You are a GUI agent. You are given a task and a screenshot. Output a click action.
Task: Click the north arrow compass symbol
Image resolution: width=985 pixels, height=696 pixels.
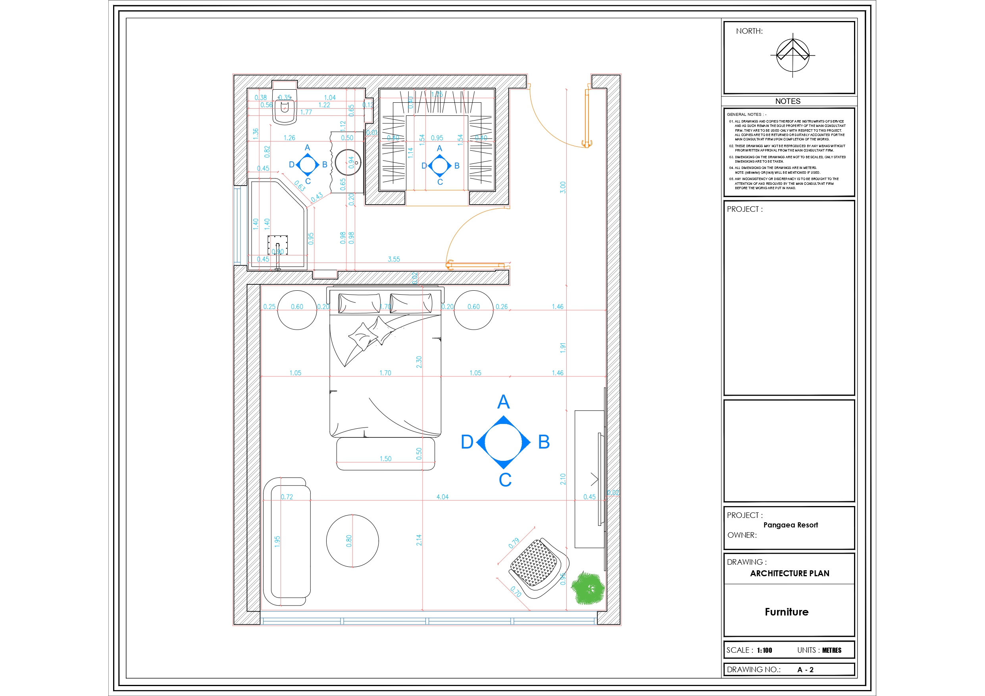793,55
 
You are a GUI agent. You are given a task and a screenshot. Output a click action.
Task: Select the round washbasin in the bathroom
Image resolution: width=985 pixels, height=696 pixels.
348,163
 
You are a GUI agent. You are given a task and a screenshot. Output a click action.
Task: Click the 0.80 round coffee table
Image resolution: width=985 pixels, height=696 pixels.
352,541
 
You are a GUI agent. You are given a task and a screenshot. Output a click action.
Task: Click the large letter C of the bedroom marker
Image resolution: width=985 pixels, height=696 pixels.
505,480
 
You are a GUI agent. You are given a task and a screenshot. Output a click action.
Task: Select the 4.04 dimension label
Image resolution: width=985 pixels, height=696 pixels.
442,497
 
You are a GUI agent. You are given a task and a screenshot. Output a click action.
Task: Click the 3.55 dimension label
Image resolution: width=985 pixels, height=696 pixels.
393,259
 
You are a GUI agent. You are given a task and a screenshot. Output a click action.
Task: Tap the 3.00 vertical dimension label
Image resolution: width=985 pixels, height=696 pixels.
563,188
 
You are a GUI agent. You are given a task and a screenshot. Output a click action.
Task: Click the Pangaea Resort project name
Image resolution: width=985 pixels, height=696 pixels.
790,525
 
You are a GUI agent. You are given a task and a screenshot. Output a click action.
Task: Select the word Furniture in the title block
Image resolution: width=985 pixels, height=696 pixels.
786,612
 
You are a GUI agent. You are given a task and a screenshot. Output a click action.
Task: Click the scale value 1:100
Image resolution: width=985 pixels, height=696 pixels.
764,650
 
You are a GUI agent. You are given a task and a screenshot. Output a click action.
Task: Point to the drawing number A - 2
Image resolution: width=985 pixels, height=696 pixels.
805,669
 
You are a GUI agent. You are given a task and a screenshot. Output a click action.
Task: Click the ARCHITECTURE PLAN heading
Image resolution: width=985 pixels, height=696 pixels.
789,573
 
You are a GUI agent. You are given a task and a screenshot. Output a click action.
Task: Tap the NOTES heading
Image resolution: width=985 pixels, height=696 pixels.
788,101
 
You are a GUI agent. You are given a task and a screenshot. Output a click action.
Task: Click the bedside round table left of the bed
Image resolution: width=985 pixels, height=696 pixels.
297,310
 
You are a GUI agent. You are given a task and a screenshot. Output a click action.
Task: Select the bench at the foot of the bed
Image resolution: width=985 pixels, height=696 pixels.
385,454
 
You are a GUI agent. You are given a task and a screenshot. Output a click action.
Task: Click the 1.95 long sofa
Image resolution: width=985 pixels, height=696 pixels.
287,542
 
